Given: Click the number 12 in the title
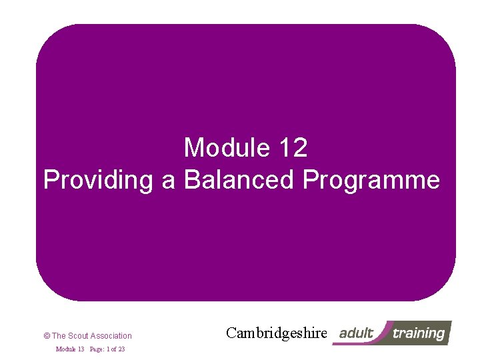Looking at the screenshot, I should pos(293,148).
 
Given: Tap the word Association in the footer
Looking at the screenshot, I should pos(111,336).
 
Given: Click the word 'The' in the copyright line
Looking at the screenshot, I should pos(59,336).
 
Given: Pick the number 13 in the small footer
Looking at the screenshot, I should pos(80,349).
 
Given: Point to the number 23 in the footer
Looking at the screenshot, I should pos(121,349).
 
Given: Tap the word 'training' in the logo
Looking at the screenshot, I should pos(418,333).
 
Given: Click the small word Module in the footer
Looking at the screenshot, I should pos(65,349).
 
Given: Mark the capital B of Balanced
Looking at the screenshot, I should pos(193,180).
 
